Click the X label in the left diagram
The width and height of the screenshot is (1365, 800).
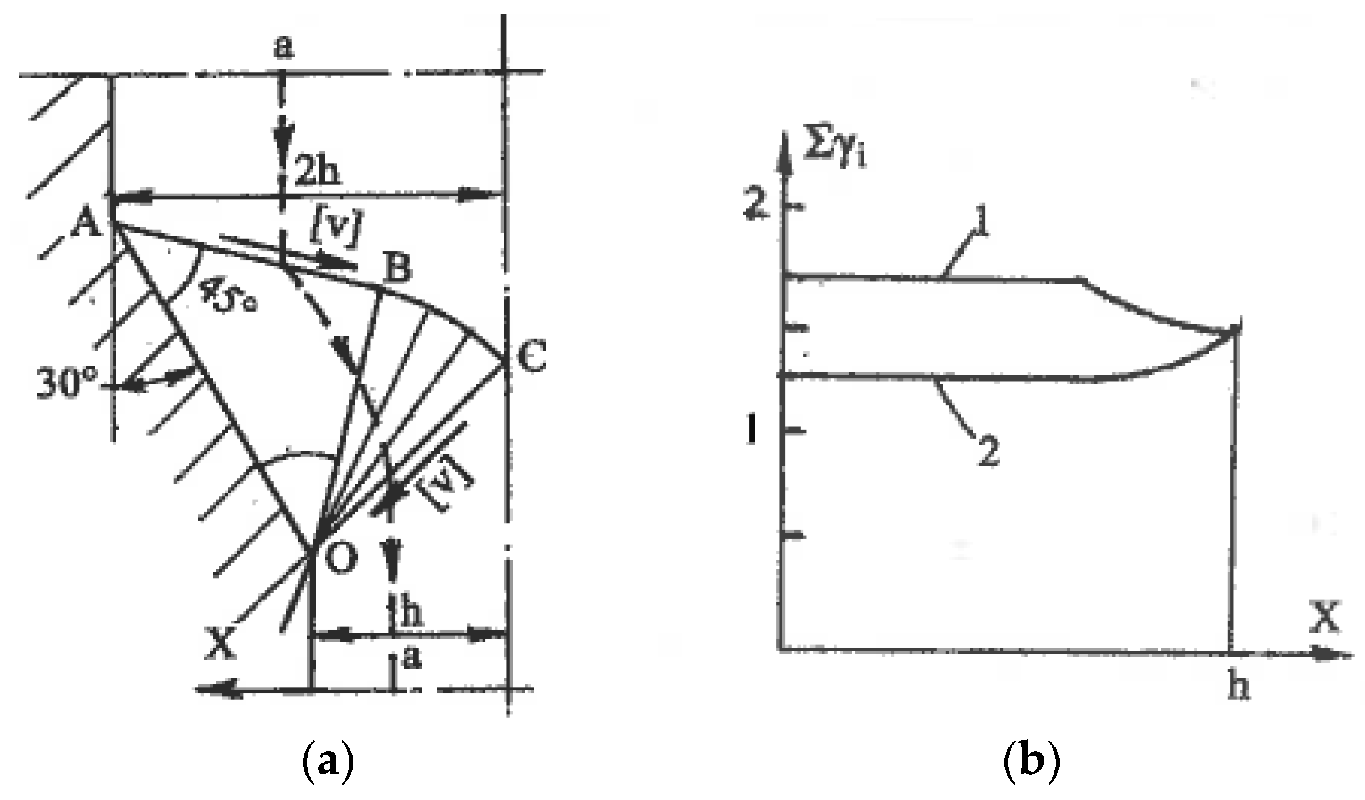point(219,644)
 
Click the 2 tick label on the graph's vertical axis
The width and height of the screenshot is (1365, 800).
point(757,206)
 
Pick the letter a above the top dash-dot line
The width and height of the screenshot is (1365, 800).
point(283,48)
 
